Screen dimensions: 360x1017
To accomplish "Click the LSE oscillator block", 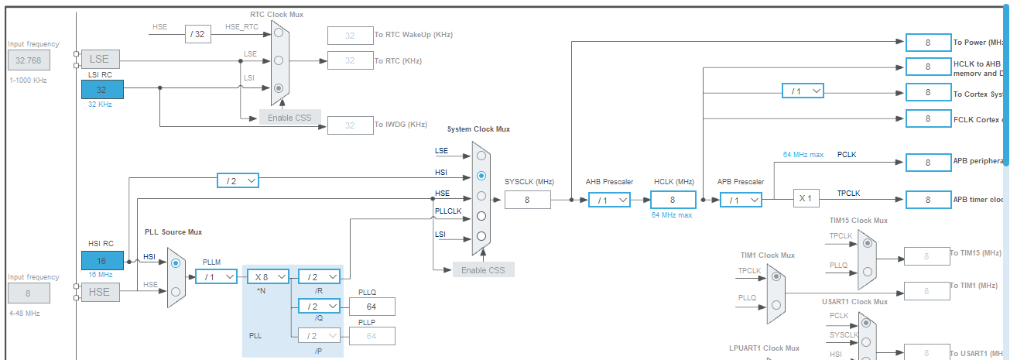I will pos(100,59).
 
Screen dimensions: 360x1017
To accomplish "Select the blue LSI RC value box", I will pos(101,89).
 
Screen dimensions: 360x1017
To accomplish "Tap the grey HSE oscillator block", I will pos(100,292).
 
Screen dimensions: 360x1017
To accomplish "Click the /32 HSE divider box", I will pos(198,34).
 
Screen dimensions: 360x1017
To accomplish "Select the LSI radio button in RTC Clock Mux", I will pos(279,88).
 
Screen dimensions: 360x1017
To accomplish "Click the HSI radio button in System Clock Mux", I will pos(481,176).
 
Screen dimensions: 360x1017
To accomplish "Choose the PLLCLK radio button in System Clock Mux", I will pos(481,216).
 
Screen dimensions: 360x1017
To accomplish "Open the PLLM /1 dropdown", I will pos(216,276).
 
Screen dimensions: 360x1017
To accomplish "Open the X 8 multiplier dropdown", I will pos(268,276).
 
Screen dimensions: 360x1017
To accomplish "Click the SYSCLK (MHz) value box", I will pos(527,200).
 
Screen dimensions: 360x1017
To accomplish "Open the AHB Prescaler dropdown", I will pos(609,200).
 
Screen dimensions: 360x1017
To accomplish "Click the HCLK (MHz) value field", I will pos(673,200).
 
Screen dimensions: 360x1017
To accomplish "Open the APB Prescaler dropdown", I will pos(741,200).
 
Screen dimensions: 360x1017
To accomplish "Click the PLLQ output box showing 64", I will pos(372,307).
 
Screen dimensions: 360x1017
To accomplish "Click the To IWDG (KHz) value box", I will pos(350,125).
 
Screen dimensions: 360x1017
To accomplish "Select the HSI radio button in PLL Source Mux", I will pos(176,263).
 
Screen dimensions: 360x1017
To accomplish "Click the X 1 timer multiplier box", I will pos(806,199).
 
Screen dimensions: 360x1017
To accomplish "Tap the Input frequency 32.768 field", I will pos(29,60).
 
